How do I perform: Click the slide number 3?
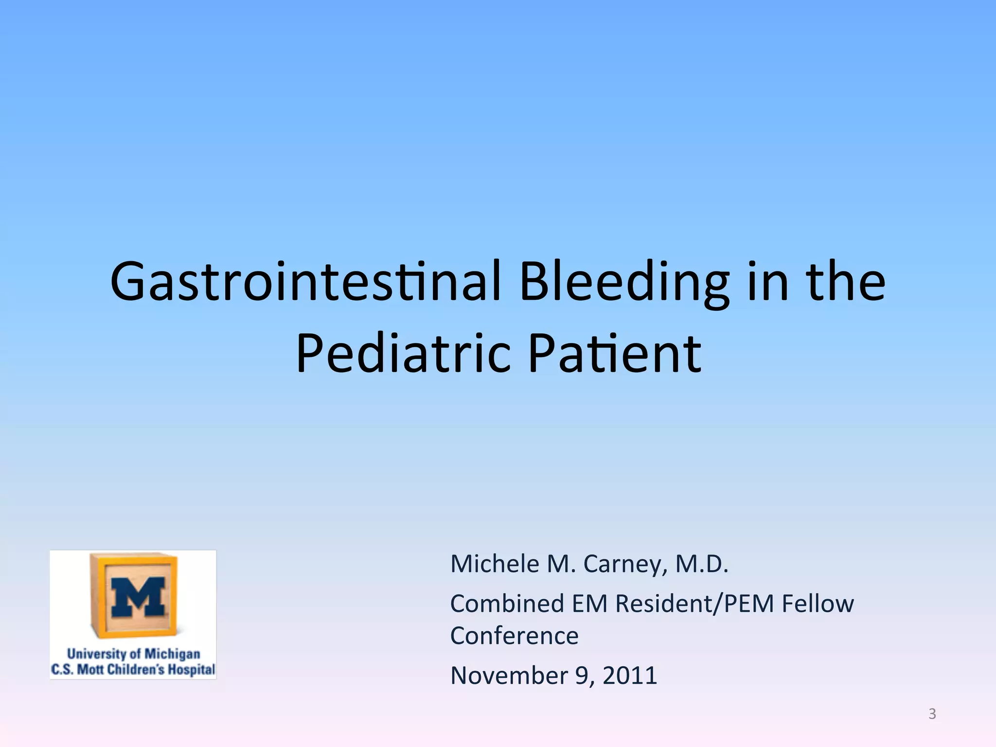pyautogui.click(x=932, y=714)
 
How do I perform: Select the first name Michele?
pyautogui.click(x=495, y=564)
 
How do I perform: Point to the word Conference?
pyautogui.click(x=514, y=636)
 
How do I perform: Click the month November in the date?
pyautogui.click(x=509, y=676)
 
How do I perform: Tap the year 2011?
pyautogui.click(x=630, y=676)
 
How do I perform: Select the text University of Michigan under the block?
pyautogui.click(x=133, y=654)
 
